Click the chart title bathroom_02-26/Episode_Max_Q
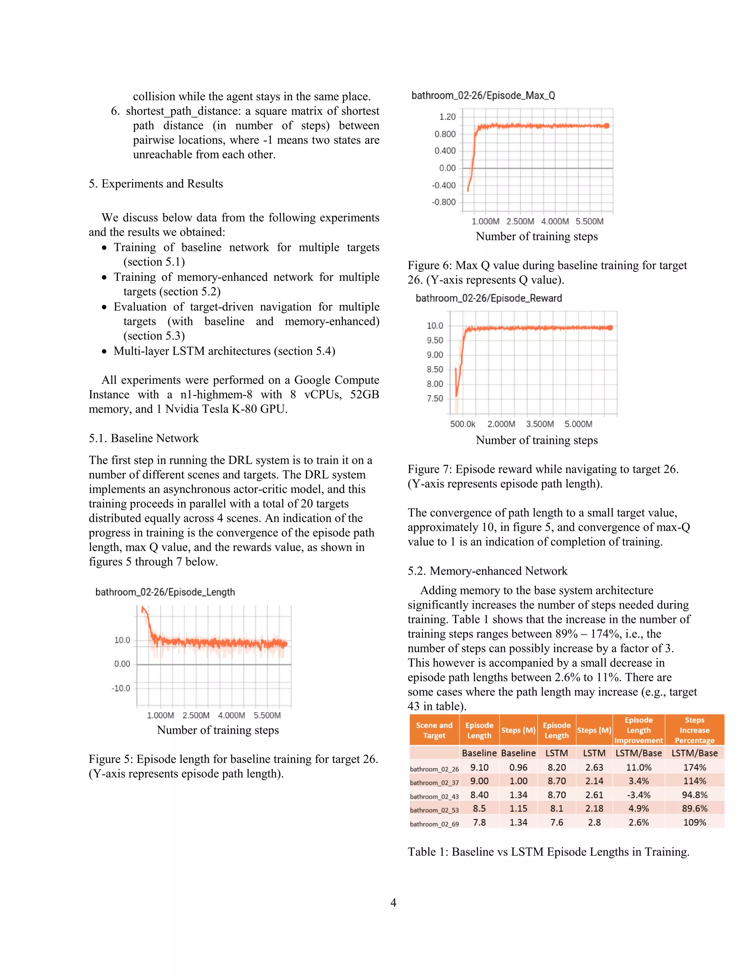coord(483,96)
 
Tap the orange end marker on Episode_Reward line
coord(610,327)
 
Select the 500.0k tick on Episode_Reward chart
coord(462,424)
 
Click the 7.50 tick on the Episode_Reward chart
coord(435,399)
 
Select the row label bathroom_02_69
coord(434,824)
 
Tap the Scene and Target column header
coord(434,730)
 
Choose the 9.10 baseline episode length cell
coord(479,767)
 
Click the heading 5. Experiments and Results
coord(155,184)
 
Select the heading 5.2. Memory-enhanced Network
coord(487,570)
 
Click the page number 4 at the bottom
coord(393,902)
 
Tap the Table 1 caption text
coord(548,852)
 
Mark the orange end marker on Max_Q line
coord(606,126)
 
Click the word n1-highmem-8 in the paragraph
coord(216,394)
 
